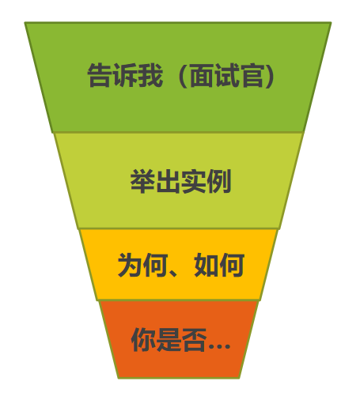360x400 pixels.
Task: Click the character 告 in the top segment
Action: (99, 75)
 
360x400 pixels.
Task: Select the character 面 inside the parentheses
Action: (202, 75)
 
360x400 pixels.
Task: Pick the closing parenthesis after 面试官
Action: (270, 76)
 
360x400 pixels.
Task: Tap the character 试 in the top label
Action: (227, 75)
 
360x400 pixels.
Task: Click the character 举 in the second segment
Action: (142, 181)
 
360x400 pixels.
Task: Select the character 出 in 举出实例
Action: (168, 181)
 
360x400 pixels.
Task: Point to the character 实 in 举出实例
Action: (193, 181)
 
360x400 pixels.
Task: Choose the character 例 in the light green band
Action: (219, 181)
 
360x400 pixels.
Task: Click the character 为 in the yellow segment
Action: (130, 265)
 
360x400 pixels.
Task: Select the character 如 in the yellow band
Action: (207, 265)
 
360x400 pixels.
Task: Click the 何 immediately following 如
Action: (232, 265)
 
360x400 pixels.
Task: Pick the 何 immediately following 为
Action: (155, 265)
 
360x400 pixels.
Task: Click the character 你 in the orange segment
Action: (143, 340)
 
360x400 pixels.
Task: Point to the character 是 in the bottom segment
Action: (169, 340)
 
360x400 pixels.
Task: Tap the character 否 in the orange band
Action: (195, 340)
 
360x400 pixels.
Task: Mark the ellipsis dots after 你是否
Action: (219, 347)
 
